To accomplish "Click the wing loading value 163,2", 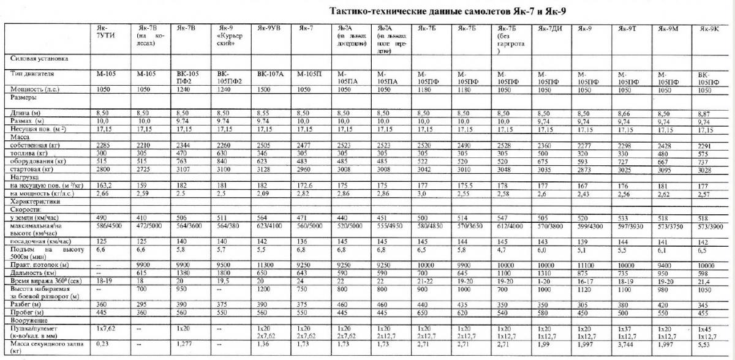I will pyautogui.click(x=104, y=184).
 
